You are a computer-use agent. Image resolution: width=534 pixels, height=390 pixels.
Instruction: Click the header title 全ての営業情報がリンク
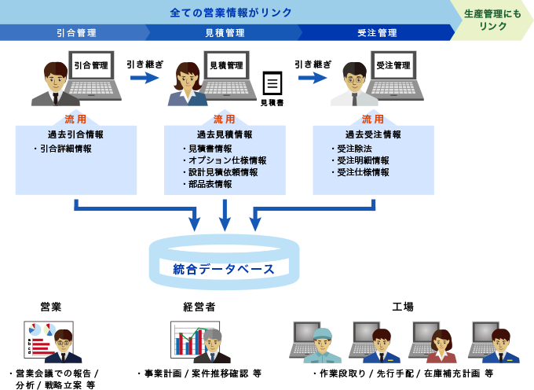point(231,13)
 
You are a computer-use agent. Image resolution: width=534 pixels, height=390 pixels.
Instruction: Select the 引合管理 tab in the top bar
point(76,33)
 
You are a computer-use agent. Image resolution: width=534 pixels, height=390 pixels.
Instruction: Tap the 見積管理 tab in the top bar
point(225,33)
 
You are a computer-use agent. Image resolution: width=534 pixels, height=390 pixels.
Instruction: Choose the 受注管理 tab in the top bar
point(377,33)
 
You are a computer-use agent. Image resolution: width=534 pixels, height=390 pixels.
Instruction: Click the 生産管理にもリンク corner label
point(492,20)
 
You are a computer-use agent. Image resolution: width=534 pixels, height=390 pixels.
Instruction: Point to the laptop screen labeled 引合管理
point(91,66)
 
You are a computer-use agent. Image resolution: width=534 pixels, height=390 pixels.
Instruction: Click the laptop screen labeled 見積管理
point(226,66)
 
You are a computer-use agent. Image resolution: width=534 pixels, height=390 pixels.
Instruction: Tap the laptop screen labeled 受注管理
point(393,66)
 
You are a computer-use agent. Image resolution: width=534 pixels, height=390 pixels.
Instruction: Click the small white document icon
point(272,83)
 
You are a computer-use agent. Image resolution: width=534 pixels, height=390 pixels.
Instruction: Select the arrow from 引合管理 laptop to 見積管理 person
point(144,78)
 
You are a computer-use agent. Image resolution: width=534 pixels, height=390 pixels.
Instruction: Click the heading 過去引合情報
point(75,134)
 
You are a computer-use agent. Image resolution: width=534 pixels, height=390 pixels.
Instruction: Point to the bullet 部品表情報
point(210,184)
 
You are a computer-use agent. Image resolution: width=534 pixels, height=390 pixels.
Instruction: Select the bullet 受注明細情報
point(363,160)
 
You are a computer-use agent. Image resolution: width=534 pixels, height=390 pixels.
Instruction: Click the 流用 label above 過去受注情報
point(373,120)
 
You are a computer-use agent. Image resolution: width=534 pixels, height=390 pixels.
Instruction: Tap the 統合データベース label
point(224,269)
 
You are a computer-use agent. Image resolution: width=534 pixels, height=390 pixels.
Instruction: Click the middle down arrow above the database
point(225,215)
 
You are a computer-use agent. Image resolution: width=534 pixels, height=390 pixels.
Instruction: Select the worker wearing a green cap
point(322,347)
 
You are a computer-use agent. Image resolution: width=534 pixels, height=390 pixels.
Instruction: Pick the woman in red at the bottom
point(441,348)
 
